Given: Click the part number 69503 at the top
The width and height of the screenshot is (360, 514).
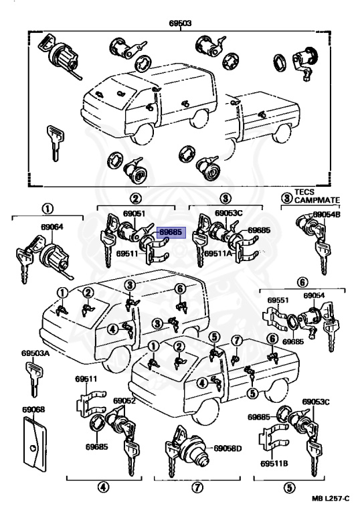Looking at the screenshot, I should (x=180, y=22).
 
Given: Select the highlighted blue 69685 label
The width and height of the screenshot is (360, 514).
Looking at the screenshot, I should (x=169, y=232).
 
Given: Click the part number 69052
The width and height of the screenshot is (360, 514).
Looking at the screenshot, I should (x=124, y=401).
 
